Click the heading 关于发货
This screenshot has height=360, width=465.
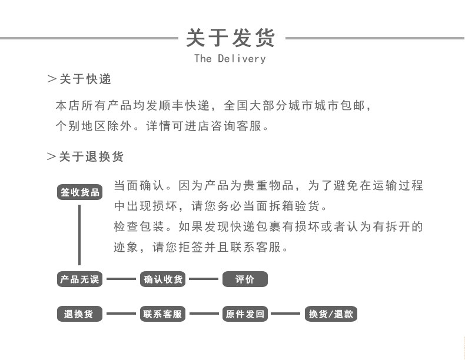point(230,38)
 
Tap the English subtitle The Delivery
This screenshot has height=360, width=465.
point(230,59)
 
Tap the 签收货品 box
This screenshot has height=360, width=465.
point(80,193)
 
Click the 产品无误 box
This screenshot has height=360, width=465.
point(79,279)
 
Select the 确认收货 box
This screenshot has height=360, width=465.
point(163,279)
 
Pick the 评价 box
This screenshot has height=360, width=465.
point(245,279)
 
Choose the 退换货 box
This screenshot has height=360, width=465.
point(79,314)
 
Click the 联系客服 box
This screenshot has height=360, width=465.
point(163,314)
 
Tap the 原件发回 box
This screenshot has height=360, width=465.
point(245,314)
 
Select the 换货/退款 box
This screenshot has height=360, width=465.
point(331,314)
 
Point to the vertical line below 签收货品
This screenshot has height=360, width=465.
point(79,234)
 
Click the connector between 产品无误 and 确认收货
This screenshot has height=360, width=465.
point(121,279)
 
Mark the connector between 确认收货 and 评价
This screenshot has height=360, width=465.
point(204,279)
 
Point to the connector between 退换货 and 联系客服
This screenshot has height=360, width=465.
point(121,314)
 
